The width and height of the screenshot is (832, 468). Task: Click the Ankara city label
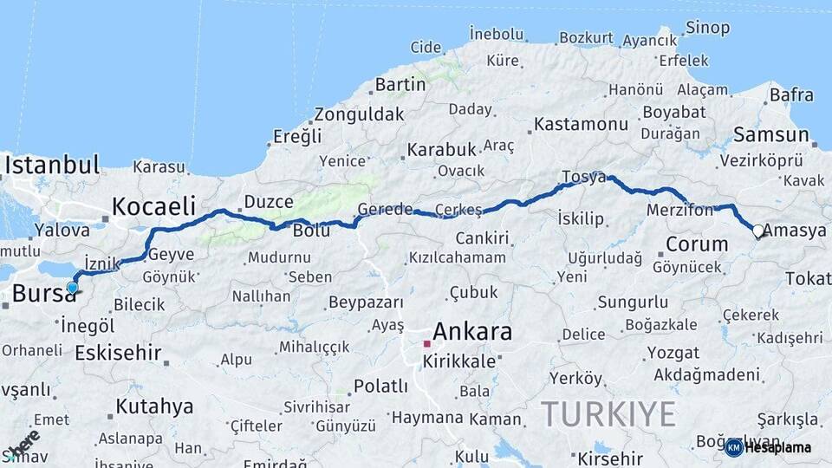tap(471, 331)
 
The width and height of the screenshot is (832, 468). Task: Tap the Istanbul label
tap(52, 165)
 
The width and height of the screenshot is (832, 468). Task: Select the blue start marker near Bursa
tap(72, 288)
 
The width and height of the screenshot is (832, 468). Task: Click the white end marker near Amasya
tap(758, 231)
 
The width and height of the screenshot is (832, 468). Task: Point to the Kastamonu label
tap(581, 124)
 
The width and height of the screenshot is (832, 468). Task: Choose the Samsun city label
tap(770, 134)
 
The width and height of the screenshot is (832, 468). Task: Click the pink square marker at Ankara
tap(426, 344)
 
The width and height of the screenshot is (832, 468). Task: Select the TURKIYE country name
tap(608, 414)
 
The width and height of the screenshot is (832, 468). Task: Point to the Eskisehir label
tap(118, 353)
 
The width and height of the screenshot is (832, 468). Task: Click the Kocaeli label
tap(153, 206)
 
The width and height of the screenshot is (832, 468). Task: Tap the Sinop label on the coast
tap(707, 29)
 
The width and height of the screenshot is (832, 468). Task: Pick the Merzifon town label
tap(679, 210)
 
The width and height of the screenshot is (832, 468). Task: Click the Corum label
tap(697, 244)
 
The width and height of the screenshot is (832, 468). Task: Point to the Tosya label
tap(583, 177)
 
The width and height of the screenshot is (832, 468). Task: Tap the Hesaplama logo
tap(769, 447)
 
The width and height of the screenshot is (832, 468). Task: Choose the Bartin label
tap(400, 85)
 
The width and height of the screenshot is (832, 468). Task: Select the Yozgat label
tap(673, 353)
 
